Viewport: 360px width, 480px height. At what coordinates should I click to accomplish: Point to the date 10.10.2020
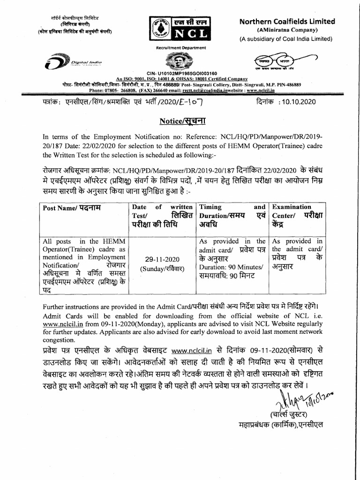point(297,101)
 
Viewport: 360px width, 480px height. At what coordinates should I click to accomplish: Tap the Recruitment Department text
point(181,47)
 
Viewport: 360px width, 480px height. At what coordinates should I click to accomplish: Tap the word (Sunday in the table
point(151,268)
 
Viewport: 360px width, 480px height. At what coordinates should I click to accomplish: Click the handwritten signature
point(290,401)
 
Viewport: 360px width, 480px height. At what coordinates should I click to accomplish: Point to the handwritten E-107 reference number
point(192,101)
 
